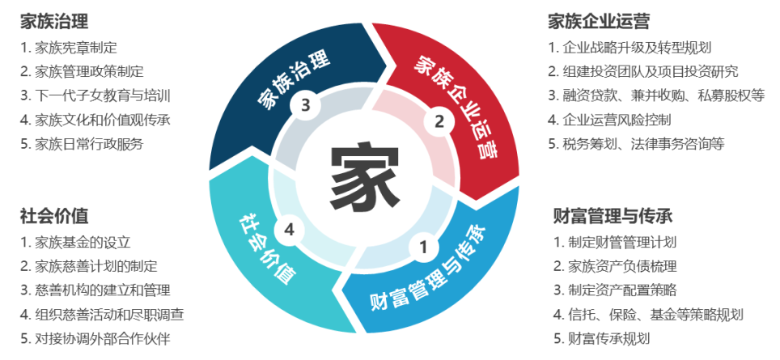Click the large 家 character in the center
[364, 177]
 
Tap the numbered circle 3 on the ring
[306, 105]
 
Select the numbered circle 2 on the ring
[439, 121]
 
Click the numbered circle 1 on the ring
[423, 247]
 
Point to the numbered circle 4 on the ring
[289, 231]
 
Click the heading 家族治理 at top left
[54, 21]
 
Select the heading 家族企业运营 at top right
[599, 21]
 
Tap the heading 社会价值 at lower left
[54, 216]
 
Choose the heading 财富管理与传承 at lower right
[613, 216]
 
